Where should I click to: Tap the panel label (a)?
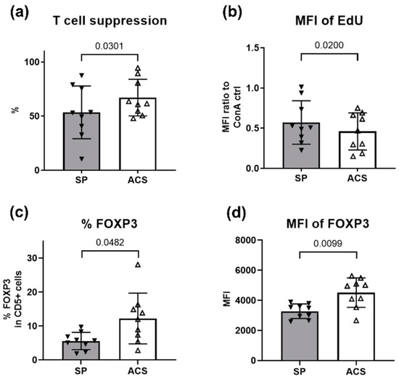tap(16, 12)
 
